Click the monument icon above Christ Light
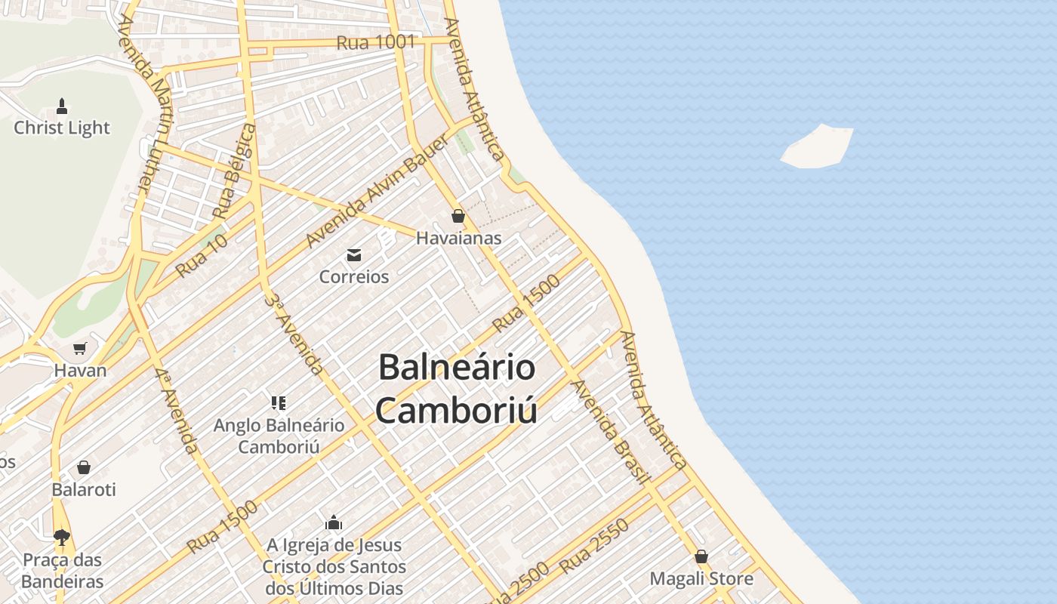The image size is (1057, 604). [62, 106]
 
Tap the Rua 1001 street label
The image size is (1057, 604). [375, 42]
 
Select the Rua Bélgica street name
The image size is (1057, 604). [234, 173]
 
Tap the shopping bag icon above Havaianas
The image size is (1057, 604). [458, 217]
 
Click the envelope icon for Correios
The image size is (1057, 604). [353, 255]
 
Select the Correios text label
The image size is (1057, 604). [354, 276]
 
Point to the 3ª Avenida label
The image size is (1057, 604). [295, 332]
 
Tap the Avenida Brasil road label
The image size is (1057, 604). [611, 431]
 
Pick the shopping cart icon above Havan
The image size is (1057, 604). [80, 349]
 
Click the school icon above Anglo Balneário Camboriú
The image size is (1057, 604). [279, 403]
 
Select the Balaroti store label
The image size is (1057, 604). [84, 489]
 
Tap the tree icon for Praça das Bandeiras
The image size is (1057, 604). [62, 538]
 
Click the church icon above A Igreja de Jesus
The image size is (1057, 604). [334, 522]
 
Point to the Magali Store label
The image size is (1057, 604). [701, 579]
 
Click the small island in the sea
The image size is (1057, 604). [818, 146]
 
